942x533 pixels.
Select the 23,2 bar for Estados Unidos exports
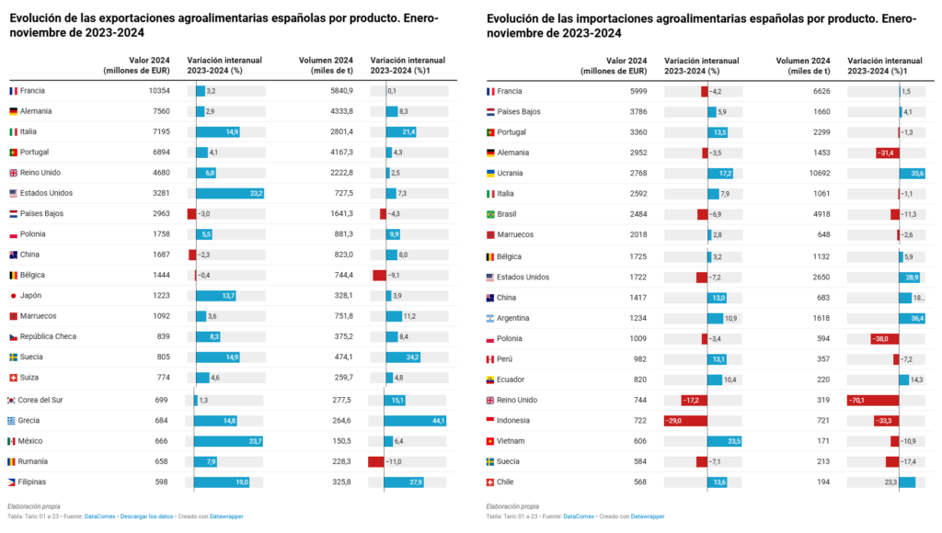230,193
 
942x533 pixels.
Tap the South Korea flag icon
13,400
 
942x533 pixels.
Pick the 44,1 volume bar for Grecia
415,421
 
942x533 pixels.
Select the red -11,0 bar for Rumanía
375,461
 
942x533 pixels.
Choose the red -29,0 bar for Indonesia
685,420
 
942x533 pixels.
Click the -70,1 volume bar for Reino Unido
873,400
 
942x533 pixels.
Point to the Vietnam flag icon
490,441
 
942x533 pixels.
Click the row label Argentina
516,318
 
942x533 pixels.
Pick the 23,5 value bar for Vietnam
724,441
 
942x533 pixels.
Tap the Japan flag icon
13,296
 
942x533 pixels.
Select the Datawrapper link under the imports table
649,516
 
